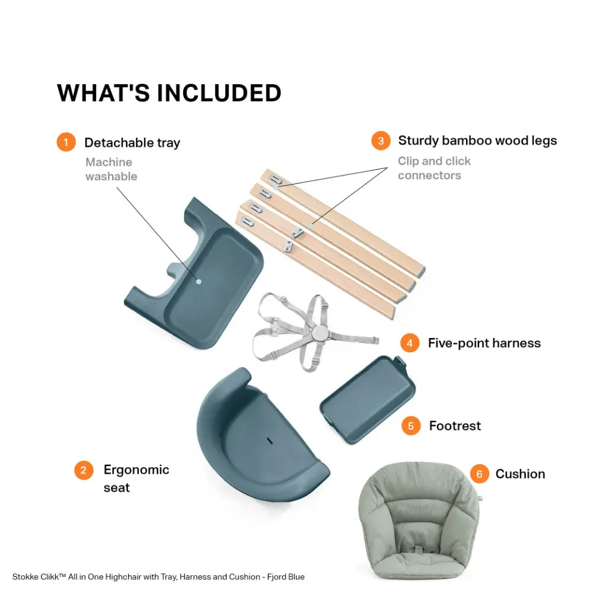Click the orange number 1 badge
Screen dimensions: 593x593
coord(66,142)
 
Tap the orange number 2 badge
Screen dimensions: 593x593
coord(84,470)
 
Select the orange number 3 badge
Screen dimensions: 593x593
coord(381,141)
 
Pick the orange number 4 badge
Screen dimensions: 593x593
coord(410,343)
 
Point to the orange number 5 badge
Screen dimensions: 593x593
coord(411,426)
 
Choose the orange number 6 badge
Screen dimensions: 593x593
coord(480,474)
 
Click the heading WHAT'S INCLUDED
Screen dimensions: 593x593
coord(169,93)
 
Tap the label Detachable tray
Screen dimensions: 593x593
coord(132,143)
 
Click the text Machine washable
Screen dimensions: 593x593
coord(111,169)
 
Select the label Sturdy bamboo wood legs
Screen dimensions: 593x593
coord(477,141)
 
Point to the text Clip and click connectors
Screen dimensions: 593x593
coord(434,168)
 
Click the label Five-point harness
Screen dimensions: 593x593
coord(484,343)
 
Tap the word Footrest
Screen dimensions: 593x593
coord(455,426)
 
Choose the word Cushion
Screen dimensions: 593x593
coord(521,474)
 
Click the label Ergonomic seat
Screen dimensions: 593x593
coord(136,479)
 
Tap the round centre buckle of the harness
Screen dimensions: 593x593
coord(320,333)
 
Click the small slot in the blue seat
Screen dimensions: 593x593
coord(269,441)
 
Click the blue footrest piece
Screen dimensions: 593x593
coord(368,399)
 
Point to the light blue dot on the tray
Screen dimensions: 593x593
coord(199,281)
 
